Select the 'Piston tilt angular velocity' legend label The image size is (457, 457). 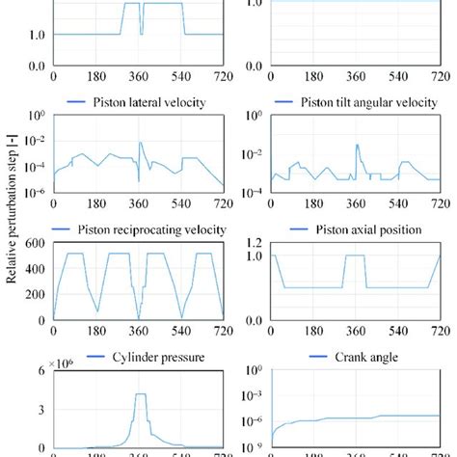[x=366, y=102]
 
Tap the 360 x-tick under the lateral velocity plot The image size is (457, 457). [x=138, y=204]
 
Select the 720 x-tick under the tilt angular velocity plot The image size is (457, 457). [x=439, y=204]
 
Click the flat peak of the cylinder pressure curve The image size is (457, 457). [x=140, y=394]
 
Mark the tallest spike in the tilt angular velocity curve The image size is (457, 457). [x=357, y=146]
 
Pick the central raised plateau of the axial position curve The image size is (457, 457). [x=356, y=256]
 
